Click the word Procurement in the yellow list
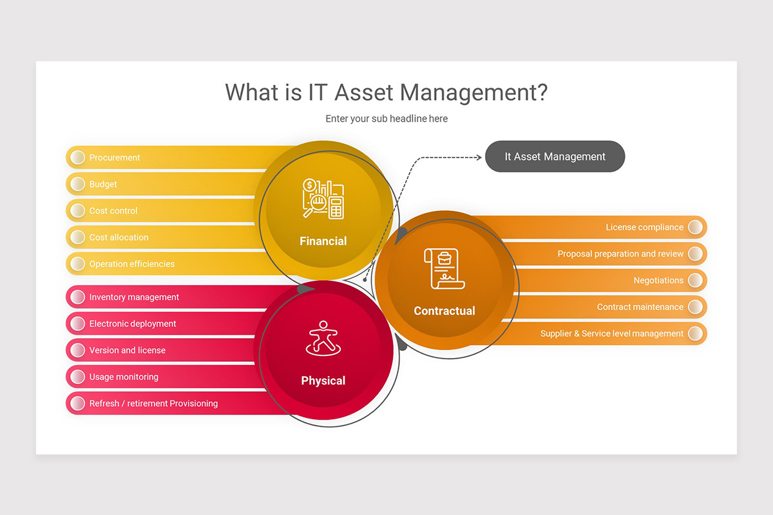pos(114,158)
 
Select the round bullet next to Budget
pos(78,184)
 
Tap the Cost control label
pos(113,211)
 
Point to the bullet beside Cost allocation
pos(78,238)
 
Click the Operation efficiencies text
pos(131,264)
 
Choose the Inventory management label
pos(134,297)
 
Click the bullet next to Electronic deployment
pos(78,324)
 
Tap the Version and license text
pos(127,351)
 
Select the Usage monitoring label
pos(124,377)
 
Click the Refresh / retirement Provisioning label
pos(153,404)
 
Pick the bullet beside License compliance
pos(695,227)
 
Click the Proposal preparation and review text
pos(620,254)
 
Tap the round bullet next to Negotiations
pos(695,281)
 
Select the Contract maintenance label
pos(640,307)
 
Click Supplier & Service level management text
pos(611,334)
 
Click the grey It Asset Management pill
pos(555,156)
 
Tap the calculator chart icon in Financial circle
pos(323,199)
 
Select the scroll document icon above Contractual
pos(444,268)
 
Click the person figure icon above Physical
pos(323,339)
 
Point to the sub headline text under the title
pos(386,118)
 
